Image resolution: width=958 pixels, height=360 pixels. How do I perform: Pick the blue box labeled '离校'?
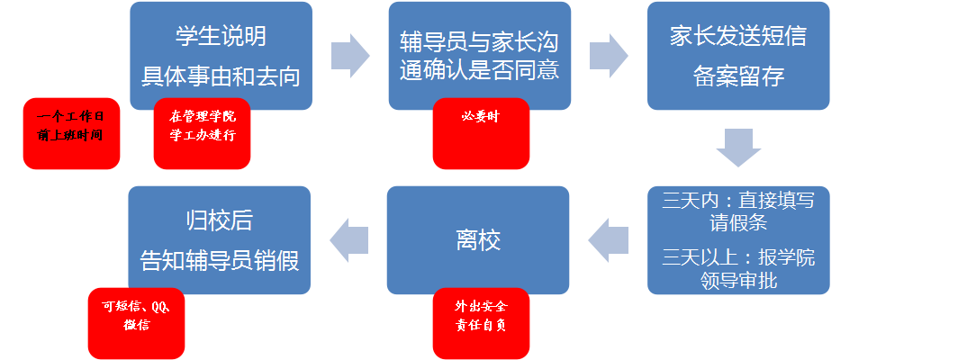(478, 239)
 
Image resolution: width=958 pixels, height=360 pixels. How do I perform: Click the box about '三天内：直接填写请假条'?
(738, 211)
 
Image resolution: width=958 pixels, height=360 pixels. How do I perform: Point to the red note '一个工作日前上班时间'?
(71, 133)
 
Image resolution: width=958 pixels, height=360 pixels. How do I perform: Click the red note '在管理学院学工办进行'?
(202, 131)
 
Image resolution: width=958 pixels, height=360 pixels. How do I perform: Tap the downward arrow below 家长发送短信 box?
(738, 148)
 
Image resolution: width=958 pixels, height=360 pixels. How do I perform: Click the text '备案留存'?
(738, 76)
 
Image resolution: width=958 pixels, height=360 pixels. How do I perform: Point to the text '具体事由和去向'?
(221, 76)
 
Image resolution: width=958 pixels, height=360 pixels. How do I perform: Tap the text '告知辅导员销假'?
(220, 260)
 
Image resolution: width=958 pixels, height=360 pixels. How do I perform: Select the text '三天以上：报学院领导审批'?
(738, 268)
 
